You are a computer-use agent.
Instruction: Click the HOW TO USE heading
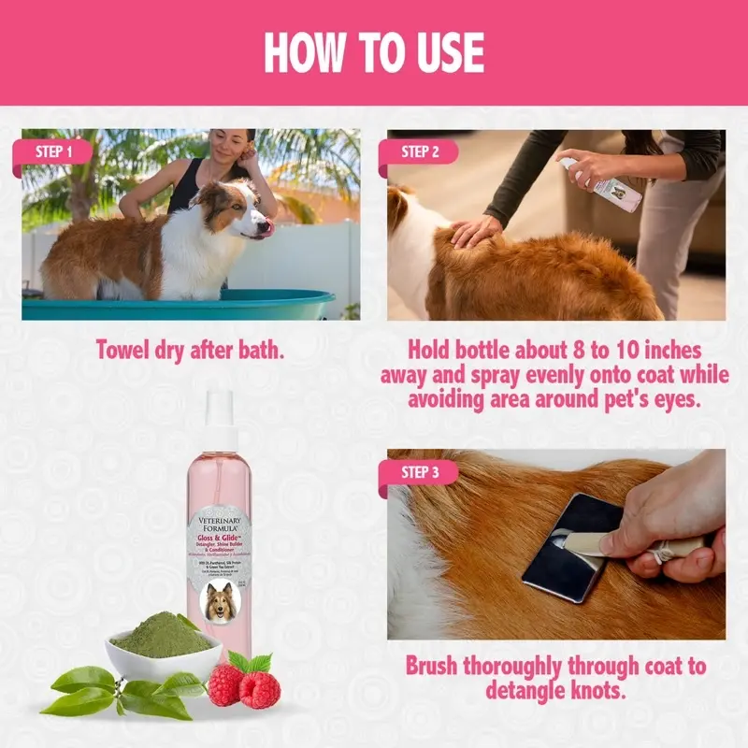tap(374, 52)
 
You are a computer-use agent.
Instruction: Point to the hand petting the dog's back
tap(477, 230)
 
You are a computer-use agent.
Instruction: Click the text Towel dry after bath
tap(190, 350)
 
